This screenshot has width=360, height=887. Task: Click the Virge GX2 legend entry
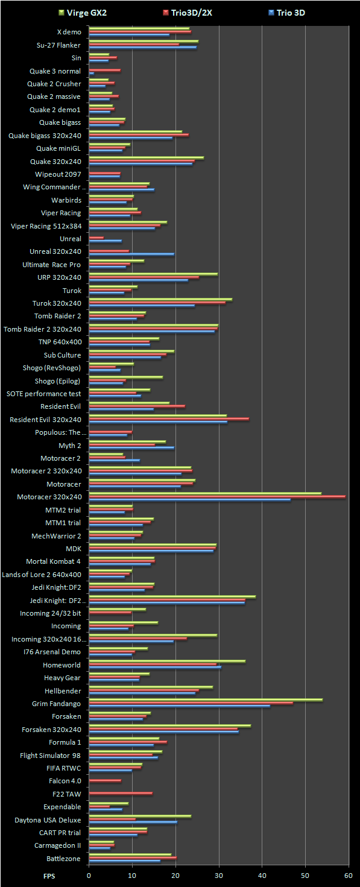[83, 13]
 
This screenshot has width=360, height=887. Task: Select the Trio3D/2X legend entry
[188, 13]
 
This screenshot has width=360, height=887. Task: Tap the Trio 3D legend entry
[286, 13]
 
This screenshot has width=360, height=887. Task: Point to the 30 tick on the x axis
[219, 876]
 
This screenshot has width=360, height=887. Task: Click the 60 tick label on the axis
[349, 876]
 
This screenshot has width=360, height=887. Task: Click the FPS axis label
[49, 876]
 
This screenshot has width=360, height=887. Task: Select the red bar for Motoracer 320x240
[217, 496]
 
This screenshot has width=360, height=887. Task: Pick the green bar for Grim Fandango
[206, 700]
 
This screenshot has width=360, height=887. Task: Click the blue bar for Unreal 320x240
[131, 254]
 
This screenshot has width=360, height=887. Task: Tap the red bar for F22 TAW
[121, 794]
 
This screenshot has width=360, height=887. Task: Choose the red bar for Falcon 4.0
[105, 780]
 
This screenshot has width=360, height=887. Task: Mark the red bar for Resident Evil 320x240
[169, 419]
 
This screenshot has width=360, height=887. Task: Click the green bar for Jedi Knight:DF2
[122, 584]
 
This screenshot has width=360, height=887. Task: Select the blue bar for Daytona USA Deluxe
[133, 822]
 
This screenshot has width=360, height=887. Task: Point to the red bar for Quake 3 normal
[105, 71]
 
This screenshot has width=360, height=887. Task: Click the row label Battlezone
[63, 859]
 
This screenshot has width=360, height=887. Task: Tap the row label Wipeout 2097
[58, 174]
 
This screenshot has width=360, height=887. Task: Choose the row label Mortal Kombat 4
[53, 561]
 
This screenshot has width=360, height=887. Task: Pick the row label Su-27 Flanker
[58, 45]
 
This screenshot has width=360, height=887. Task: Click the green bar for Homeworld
[167, 661]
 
